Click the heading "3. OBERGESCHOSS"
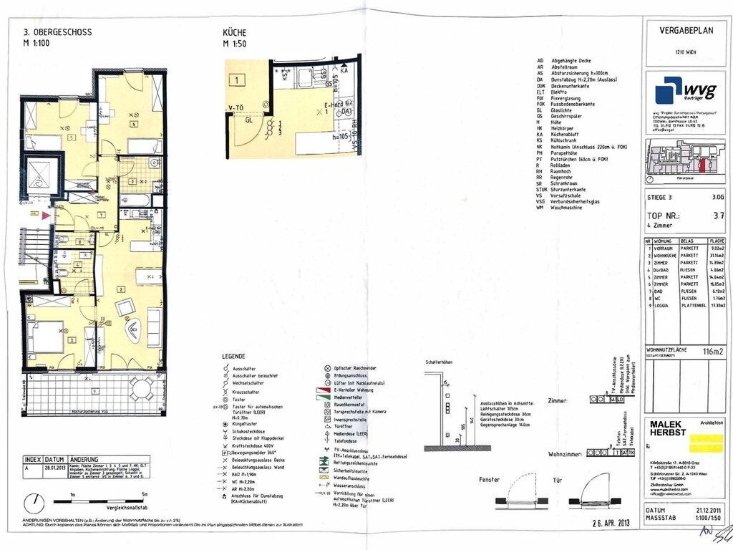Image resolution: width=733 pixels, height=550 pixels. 57,32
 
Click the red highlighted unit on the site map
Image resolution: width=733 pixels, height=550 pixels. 702,166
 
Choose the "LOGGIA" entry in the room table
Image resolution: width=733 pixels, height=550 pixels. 661,305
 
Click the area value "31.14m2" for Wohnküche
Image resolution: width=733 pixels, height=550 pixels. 716,255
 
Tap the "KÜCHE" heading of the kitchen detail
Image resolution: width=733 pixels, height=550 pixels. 235,33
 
